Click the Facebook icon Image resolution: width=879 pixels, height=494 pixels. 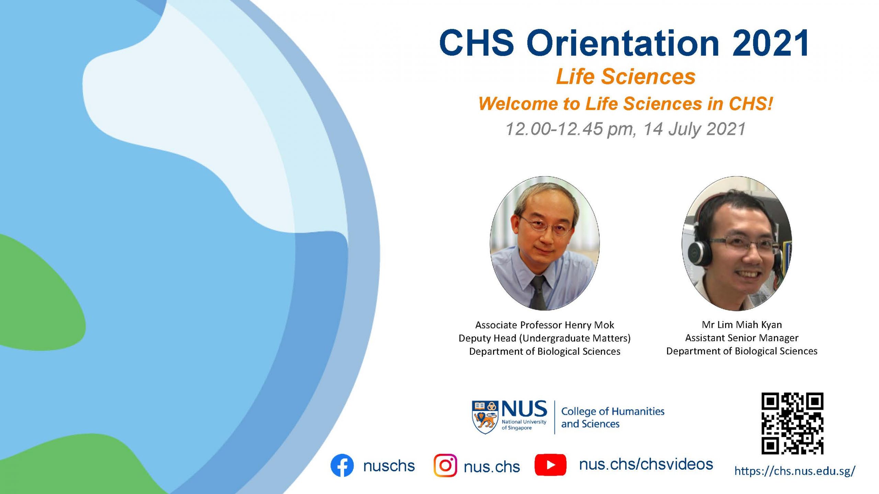pyautogui.click(x=342, y=466)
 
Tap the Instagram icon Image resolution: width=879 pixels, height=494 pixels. pyautogui.click(x=445, y=466)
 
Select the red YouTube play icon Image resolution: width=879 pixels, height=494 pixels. pyautogui.click(x=550, y=465)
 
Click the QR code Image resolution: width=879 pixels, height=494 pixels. pyautogui.click(x=792, y=423)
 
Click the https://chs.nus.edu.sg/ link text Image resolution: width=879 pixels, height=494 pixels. pyautogui.click(x=795, y=471)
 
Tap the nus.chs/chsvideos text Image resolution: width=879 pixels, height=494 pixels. pyautogui.click(x=646, y=464)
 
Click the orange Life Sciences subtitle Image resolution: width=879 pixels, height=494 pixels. pyautogui.click(x=626, y=77)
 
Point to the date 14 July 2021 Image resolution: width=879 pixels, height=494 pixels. pyautogui.click(x=694, y=129)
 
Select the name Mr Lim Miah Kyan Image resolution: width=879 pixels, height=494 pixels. pyautogui.click(x=742, y=325)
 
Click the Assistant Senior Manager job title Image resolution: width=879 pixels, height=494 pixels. pyautogui.click(x=742, y=338)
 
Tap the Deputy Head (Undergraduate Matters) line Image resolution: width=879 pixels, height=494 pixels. pyautogui.click(x=545, y=338)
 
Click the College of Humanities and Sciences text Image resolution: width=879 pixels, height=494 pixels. pyautogui.click(x=613, y=417)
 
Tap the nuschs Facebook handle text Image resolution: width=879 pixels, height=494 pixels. pyautogui.click(x=389, y=466)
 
